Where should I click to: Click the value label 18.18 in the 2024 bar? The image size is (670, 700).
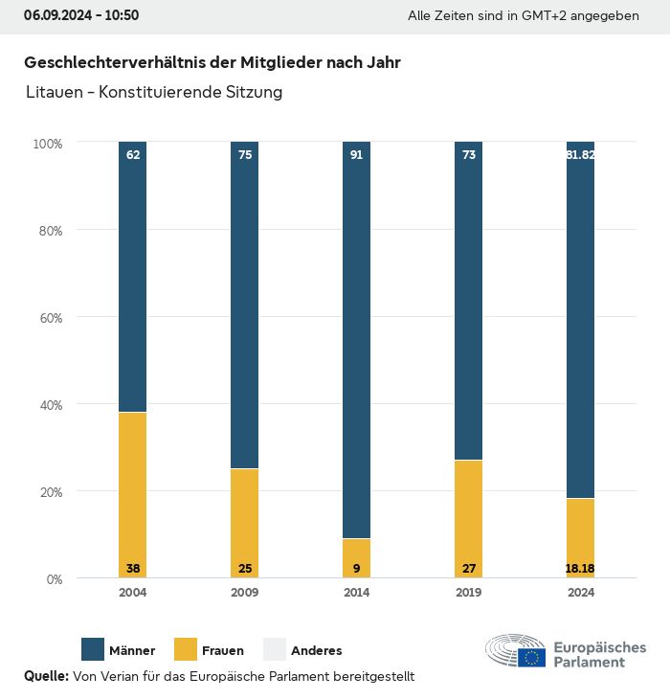coord(580,569)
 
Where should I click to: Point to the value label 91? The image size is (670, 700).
coord(356,154)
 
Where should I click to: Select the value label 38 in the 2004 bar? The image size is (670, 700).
coord(133,569)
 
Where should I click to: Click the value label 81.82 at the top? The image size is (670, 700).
coord(580,154)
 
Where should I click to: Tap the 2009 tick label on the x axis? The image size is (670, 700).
coord(245,593)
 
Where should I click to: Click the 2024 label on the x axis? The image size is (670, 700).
coord(580,593)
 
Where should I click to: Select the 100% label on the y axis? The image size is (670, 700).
coord(47,144)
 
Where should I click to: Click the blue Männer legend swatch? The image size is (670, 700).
coord(93,650)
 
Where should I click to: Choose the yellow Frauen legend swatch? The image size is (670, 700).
coord(186,650)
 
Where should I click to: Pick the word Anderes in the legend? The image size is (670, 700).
coord(316,651)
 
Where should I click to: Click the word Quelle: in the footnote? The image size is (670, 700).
coord(46,676)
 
